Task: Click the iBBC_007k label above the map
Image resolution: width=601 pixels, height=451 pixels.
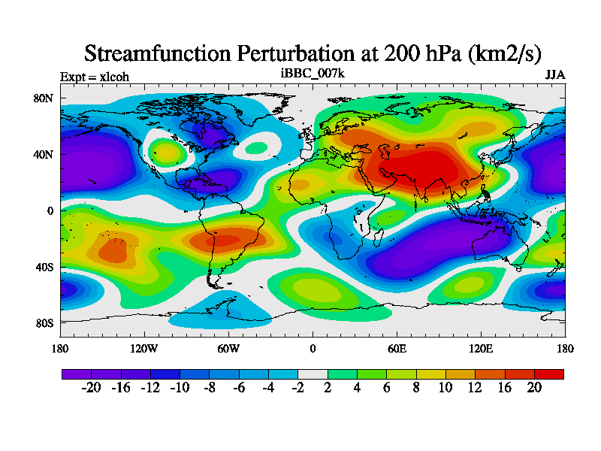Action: pyautogui.click(x=313, y=74)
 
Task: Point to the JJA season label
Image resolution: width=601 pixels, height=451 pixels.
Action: pyautogui.click(x=555, y=76)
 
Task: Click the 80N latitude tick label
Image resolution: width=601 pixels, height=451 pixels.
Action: pyautogui.click(x=44, y=98)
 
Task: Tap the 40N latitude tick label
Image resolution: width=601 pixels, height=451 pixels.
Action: pyautogui.click(x=44, y=155)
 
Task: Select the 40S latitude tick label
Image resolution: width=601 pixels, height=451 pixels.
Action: pyautogui.click(x=44, y=267)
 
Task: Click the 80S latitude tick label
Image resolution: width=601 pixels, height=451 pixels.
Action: pyautogui.click(x=44, y=323)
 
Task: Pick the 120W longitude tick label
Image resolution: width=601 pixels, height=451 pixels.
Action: pyautogui.click(x=144, y=349)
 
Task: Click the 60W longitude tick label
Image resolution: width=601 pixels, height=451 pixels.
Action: pyautogui.click(x=228, y=349)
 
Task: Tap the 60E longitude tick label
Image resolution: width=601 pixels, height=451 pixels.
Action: pyautogui.click(x=397, y=349)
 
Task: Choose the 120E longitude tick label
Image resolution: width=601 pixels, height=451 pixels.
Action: pyautogui.click(x=481, y=349)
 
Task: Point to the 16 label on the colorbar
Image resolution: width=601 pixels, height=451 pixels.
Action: pyautogui.click(x=505, y=388)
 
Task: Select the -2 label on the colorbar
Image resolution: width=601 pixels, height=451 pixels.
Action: pyautogui.click(x=297, y=388)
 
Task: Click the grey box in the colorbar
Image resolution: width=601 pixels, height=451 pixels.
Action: pyautogui.click(x=313, y=374)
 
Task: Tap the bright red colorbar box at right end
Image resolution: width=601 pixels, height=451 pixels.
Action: pyautogui.click(x=548, y=374)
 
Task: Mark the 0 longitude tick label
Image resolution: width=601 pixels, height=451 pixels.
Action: pyautogui.click(x=313, y=349)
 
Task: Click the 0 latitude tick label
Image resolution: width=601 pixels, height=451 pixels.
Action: pyautogui.click(x=50, y=211)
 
